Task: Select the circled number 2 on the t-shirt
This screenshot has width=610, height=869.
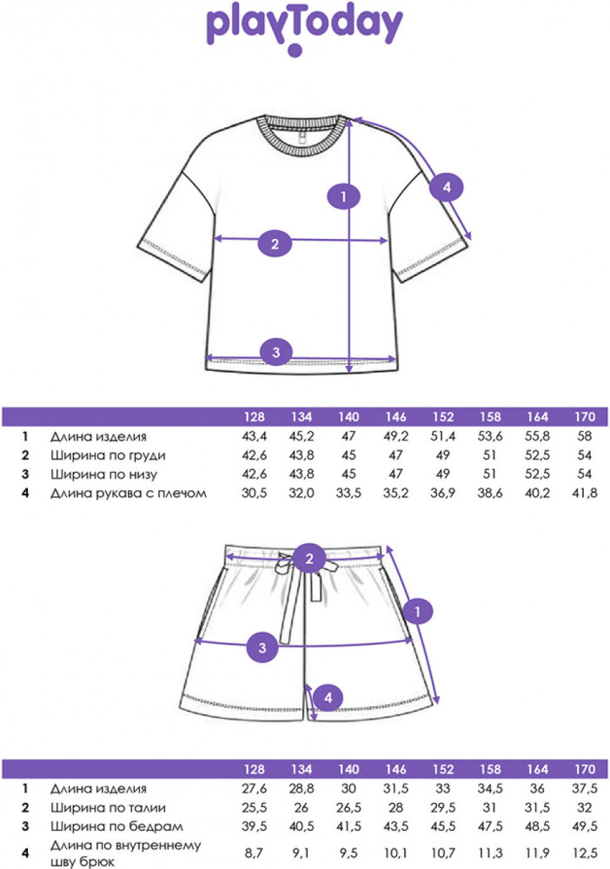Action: pyautogui.click(x=275, y=243)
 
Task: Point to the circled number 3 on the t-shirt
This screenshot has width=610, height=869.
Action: pyautogui.click(x=275, y=352)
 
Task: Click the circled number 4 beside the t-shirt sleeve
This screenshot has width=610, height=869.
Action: pyautogui.click(x=448, y=187)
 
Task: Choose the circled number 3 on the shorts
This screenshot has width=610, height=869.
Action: pyautogui.click(x=263, y=647)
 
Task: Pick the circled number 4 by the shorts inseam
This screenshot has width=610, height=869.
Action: pyautogui.click(x=328, y=696)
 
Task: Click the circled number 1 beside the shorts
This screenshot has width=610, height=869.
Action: pyautogui.click(x=419, y=613)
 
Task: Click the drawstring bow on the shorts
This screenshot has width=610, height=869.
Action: pyautogui.click(x=284, y=570)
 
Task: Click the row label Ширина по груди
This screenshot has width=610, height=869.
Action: pyautogui.click(x=107, y=455)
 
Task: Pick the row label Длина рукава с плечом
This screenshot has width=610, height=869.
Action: pyautogui.click(x=129, y=494)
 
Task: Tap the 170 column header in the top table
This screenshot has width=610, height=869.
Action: pyautogui.click(x=585, y=416)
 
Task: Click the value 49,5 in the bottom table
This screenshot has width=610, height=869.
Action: pyautogui.click(x=585, y=826)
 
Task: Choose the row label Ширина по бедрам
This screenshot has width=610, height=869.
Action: pyautogui.click(x=109, y=826)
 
